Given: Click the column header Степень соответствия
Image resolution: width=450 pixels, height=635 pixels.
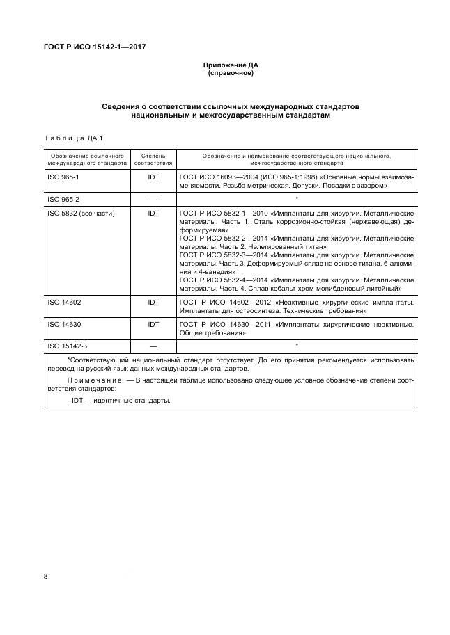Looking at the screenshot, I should tap(153, 159).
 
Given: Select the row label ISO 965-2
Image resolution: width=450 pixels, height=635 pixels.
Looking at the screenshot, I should tap(63, 200).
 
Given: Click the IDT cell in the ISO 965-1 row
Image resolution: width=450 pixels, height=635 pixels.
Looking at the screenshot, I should tap(153, 178).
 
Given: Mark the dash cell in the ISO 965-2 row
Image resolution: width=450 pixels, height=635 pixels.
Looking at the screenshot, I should tap(153, 200).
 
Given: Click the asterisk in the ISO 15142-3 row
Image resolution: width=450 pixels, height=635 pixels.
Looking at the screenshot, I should tap(297, 346).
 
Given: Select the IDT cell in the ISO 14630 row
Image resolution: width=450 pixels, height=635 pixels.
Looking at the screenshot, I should tap(153, 324).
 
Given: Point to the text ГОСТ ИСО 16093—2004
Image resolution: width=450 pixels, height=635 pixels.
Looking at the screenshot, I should tap(218, 178).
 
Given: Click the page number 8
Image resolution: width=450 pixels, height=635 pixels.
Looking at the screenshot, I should tap(45, 577).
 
